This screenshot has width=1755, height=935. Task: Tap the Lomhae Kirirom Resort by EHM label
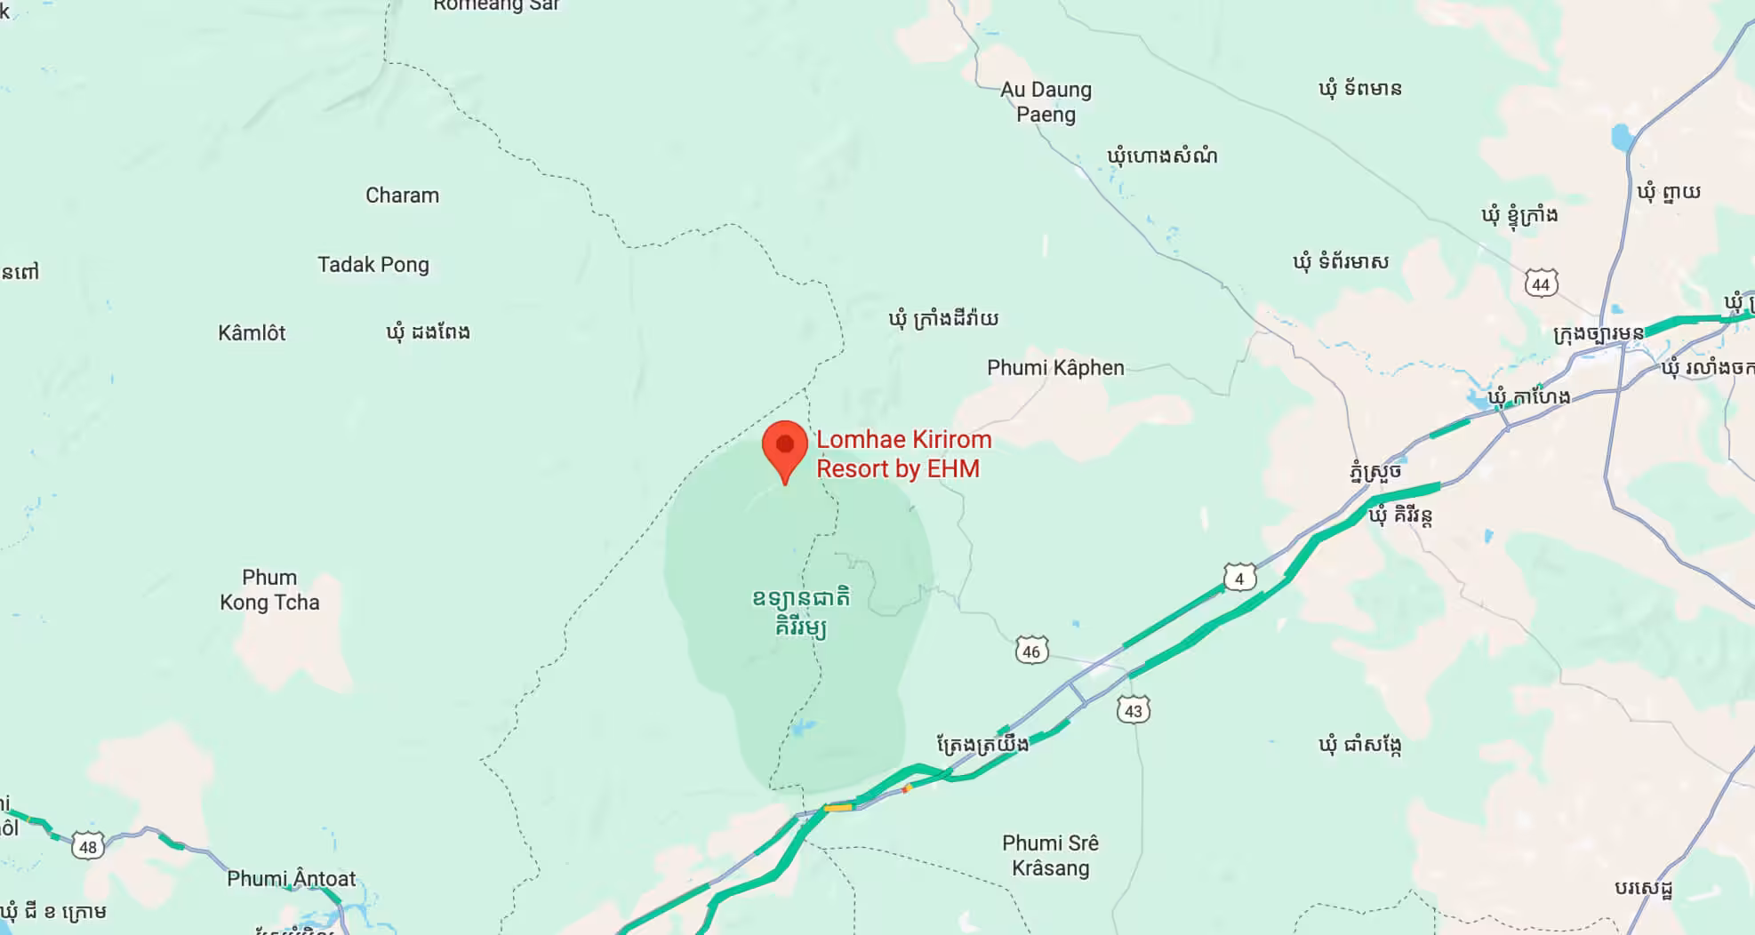(902, 454)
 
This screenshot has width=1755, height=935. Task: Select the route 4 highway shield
(1239, 579)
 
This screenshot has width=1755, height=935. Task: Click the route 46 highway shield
(1031, 651)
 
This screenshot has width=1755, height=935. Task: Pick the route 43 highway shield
(1133, 710)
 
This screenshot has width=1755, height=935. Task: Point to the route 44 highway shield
(1541, 284)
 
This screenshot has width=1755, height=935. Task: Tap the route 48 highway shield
(87, 846)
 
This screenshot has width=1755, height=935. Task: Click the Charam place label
(402, 196)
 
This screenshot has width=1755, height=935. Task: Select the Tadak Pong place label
(373, 265)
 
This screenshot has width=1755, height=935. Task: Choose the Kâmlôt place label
(252, 333)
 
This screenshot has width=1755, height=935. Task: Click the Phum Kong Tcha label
(269, 590)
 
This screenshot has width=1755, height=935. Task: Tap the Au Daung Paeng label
(1046, 102)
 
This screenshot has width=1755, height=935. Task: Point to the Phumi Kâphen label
(1055, 368)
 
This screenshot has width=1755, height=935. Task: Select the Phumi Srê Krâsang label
(1050, 855)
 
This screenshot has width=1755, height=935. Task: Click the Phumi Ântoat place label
(291, 879)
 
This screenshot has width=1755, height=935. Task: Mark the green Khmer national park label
(800, 612)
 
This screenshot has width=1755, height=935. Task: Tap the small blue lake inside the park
(803, 729)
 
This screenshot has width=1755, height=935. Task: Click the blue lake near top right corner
(1622, 138)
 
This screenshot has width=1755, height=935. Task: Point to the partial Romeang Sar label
(496, 6)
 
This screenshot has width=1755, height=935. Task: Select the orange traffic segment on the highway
(837, 808)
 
